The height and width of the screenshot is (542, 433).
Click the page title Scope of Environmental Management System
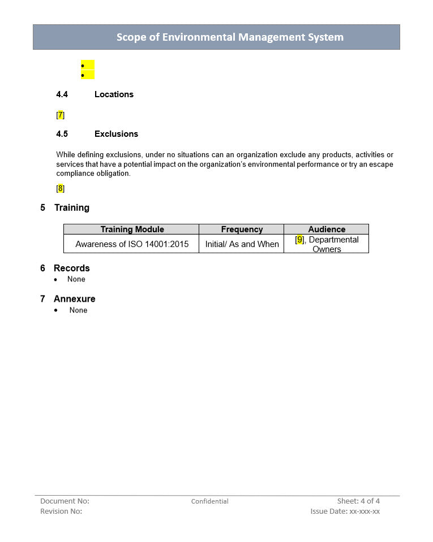(x=230, y=37)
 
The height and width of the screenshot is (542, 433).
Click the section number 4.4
(x=62, y=94)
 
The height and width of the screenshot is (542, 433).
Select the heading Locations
(x=114, y=94)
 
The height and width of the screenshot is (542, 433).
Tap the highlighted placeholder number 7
(x=61, y=115)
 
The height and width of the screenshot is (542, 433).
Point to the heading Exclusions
(x=116, y=134)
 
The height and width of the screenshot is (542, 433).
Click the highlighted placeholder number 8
(x=61, y=189)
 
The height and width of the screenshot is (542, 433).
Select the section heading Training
(x=71, y=207)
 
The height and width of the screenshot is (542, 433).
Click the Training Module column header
(x=132, y=229)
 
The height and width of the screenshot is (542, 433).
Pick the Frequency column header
(x=242, y=229)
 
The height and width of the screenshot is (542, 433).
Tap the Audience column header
(x=327, y=229)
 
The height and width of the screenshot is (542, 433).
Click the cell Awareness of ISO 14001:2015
(x=132, y=244)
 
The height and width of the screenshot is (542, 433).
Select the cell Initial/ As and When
(x=242, y=244)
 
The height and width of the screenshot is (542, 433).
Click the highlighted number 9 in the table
(x=300, y=240)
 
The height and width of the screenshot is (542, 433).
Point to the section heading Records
(x=71, y=268)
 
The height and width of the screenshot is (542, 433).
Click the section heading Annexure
(x=74, y=298)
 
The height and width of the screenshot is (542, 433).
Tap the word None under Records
(x=76, y=279)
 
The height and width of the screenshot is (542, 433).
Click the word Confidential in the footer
(x=209, y=501)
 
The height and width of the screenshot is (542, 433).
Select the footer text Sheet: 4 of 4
(x=358, y=501)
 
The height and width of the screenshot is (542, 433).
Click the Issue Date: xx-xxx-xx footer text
(x=345, y=511)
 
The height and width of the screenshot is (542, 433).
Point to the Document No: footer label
(x=65, y=501)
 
